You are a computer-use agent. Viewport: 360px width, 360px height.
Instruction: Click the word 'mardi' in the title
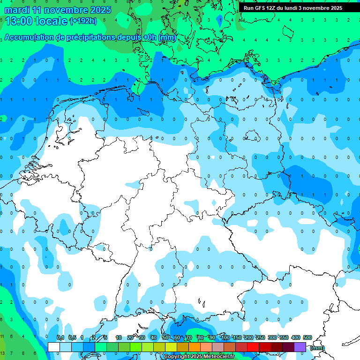pos(15,10)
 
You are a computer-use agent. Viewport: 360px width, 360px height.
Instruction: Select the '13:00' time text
pos(19,21)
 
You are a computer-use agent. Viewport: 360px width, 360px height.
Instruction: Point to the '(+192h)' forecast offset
pos(83,21)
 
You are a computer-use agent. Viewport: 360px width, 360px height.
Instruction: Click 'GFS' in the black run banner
pos(261,8)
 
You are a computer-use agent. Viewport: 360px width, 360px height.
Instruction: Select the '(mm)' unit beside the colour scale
pos(317,348)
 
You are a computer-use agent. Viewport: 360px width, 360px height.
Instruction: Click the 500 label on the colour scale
pos(307,337)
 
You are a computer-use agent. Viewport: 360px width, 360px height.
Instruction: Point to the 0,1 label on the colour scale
pos(60,337)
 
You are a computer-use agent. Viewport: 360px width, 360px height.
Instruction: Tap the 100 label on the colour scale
pos(225,337)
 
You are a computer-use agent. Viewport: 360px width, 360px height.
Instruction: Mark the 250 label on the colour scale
pos(261,337)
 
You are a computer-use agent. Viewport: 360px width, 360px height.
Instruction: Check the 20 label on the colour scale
pos(130,337)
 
